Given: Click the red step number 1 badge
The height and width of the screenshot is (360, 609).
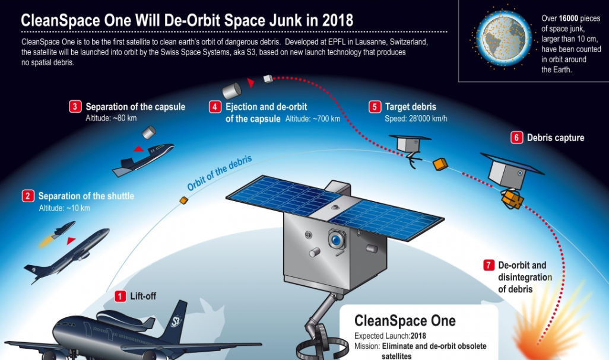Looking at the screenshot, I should (x=120, y=296).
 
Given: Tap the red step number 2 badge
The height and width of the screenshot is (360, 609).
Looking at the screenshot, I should (x=28, y=196).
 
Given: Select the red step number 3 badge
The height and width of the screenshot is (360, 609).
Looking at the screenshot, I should (x=75, y=107).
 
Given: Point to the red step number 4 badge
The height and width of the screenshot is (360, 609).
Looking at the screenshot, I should (x=215, y=107).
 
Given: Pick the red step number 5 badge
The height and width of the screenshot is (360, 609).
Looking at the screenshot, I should (x=375, y=107).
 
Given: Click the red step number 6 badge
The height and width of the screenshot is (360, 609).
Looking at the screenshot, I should (x=516, y=138).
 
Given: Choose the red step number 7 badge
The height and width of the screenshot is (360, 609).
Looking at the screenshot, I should (x=489, y=265).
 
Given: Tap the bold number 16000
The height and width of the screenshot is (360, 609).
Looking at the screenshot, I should (x=569, y=19).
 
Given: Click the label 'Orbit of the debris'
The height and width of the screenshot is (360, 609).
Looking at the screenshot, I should (x=219, y=173).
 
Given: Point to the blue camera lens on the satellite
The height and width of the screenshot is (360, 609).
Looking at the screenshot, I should (x=338, y=240).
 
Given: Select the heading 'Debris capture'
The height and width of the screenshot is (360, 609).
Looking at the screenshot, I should (x=555, y=138).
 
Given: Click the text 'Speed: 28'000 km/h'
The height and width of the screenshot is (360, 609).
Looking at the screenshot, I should (x=416, y=118).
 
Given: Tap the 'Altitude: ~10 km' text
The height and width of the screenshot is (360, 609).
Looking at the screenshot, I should (x=64, y=208).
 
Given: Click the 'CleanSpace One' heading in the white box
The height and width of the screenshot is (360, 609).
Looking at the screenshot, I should (x=405, y=321).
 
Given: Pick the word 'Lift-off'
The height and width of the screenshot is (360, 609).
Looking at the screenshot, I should (x=143, y=296).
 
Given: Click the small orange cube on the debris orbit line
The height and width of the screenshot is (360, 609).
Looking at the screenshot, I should (x=183, y=201).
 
